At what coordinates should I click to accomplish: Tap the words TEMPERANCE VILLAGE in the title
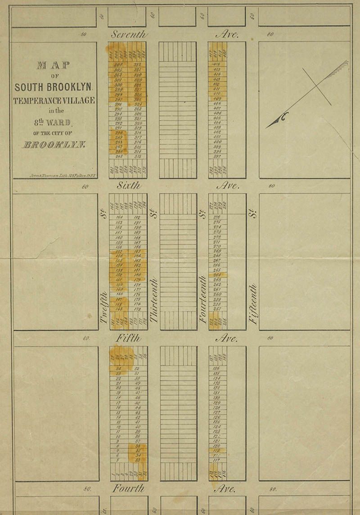point(54,100)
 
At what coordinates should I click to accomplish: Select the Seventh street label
point(129,34)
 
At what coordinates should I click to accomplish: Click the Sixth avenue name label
point(129,185)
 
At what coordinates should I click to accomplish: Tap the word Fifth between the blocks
point(128,338)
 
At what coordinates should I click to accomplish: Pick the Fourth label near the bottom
point(128,488)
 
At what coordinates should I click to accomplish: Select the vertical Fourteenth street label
point(203,299)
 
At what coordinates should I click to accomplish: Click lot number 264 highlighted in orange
point(217,275)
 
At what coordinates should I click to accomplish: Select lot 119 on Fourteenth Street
point(217,450)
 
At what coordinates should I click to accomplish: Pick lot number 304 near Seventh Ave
point(118,65)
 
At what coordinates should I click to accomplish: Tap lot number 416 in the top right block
point(217,65)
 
